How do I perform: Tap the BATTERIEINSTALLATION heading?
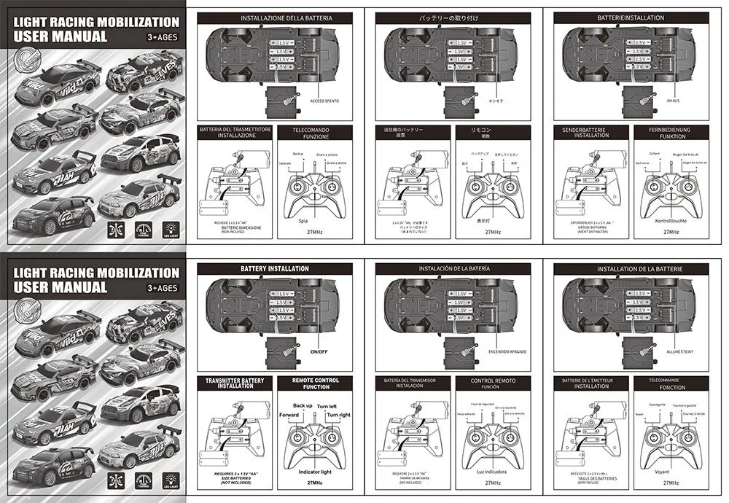tap(631, 17)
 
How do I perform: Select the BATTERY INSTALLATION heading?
tap(275, 269)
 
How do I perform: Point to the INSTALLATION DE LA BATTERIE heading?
tap(631, 269)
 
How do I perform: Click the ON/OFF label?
tap(319, 351)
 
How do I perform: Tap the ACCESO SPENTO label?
tap(324, 101)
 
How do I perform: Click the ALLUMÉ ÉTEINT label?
tap(679, 351)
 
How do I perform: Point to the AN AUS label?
tap(674, 101)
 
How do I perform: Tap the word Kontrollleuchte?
tap(667, 219)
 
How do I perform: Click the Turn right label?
tap(338, 415)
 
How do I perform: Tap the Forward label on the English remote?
tap(289, 415)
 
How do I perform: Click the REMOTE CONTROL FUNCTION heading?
tap(316, 383)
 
